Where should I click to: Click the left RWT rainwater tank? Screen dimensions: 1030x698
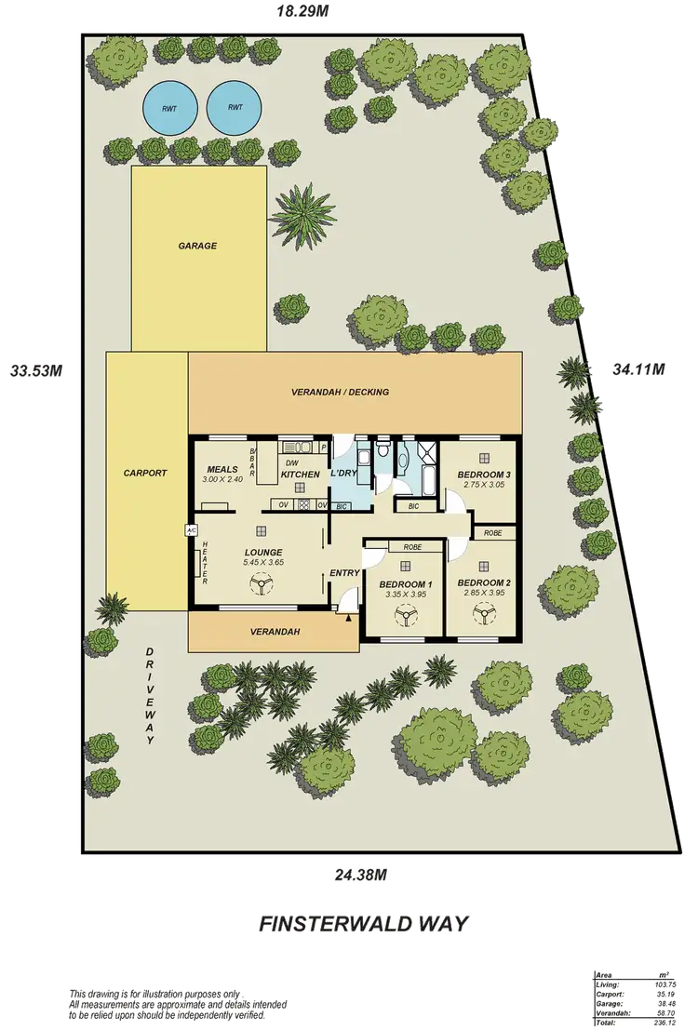point(169,108)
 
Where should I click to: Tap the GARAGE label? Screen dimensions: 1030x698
point(197,247)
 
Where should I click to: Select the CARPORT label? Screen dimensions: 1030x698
point(145,474)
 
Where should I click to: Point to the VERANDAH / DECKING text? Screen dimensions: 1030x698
point(354,393)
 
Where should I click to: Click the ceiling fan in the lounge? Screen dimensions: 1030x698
point(259,584)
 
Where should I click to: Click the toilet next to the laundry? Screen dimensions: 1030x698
point(383,452)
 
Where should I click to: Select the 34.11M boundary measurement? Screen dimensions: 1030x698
point(640,369)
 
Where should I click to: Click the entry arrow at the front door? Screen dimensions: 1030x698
point(349,617)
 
